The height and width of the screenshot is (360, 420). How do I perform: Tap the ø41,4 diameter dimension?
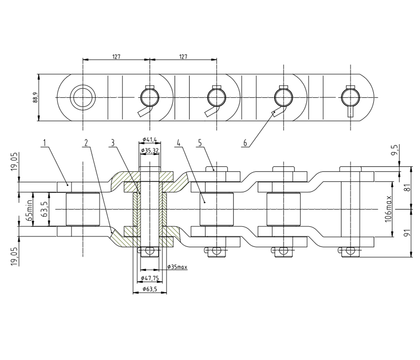pos(150,139)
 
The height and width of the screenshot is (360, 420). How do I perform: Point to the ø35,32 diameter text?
pos(150,151)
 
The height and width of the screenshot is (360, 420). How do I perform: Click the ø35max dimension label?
pos(177,267)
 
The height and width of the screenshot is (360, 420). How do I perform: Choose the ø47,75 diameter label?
pos(150,278)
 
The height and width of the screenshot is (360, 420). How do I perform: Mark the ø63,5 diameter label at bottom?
pos(150,289)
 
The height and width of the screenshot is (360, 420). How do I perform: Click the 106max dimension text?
pos(388,209)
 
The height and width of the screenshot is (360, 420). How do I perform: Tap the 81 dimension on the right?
pos(407,188)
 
